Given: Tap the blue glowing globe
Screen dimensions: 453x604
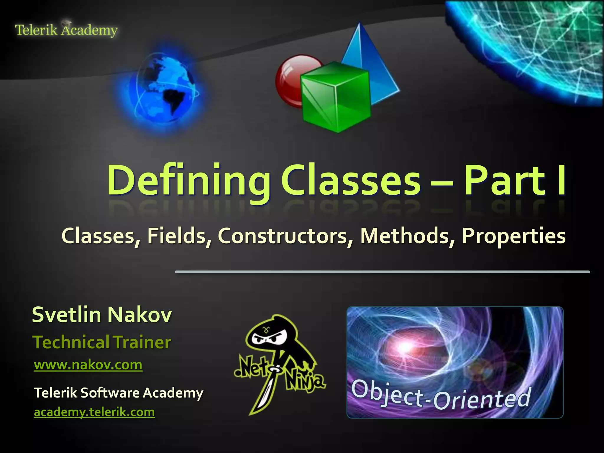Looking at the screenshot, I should coord(165,88).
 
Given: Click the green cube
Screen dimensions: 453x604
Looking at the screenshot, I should coord(336,97).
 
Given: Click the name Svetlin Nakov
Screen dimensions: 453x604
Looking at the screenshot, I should coord(102,315).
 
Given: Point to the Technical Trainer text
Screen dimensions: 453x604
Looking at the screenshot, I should coord(102,342).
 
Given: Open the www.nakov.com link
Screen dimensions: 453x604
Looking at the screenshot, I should coord(88,365).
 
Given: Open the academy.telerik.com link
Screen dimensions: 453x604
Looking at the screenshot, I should coord(94,412).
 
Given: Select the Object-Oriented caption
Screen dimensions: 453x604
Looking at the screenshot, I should coord(441,395).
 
